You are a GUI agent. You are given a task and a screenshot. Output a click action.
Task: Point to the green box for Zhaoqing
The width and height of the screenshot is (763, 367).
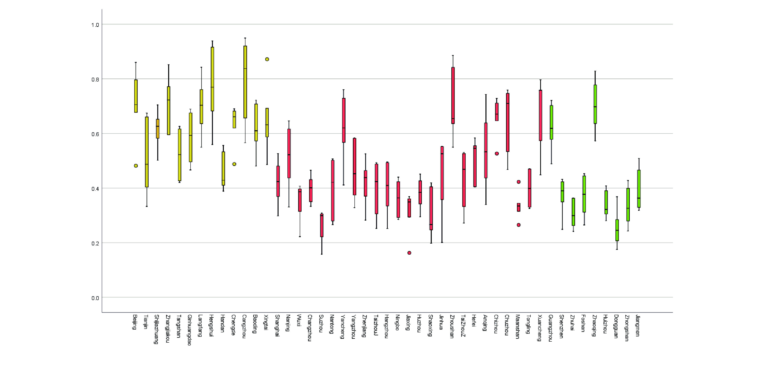[x=595, y=104]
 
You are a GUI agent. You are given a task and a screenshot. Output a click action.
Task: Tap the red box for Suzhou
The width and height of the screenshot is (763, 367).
[x=322, y=225]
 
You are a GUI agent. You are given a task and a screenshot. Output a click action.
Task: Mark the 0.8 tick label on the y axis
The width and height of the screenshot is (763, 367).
[x=95, y=79]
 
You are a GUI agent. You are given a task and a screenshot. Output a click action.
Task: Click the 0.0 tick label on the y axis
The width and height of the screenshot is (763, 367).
[x=95, y=298]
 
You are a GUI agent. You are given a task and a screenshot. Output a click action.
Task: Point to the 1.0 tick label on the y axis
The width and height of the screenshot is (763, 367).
[x=95, y=25]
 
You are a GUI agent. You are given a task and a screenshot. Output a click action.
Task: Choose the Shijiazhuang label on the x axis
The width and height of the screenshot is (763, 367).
[x=157, y=329]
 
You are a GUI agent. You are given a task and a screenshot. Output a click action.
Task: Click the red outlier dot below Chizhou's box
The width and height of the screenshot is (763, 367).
[x=497, y=154]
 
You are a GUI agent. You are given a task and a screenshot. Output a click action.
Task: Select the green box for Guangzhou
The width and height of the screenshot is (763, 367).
[x=551, y=122]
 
